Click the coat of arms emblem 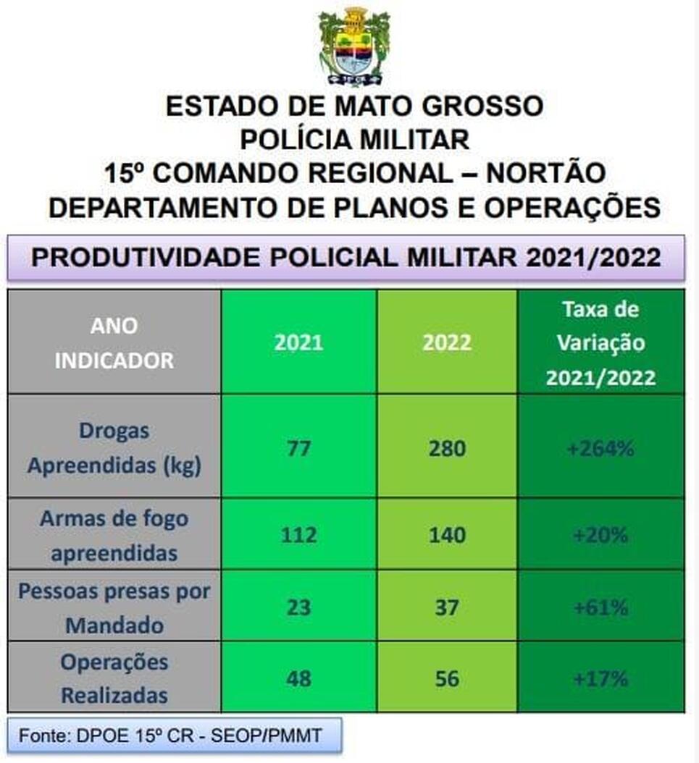coord(354,47)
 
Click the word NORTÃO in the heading coord(546,173)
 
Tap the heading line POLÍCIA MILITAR coord(354,140)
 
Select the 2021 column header coord(298,342)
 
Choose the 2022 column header coord(447,342)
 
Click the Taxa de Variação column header coord(600,344)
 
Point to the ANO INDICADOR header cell coord(114,343)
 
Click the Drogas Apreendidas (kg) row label coord(114,447)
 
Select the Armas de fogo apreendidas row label coord(114,535)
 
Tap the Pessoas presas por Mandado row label coord(114,608)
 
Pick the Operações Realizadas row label coord(114,678)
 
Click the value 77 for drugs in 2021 coord(298,448)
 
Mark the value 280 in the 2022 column coord(447,448)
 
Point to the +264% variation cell coord(600,448)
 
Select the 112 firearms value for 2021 coord(298,535)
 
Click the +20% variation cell coord(600,535)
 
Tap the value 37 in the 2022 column coord(447,608)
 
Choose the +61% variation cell coord(600,608)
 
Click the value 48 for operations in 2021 coord(298,678)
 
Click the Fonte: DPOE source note coord(170,735)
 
